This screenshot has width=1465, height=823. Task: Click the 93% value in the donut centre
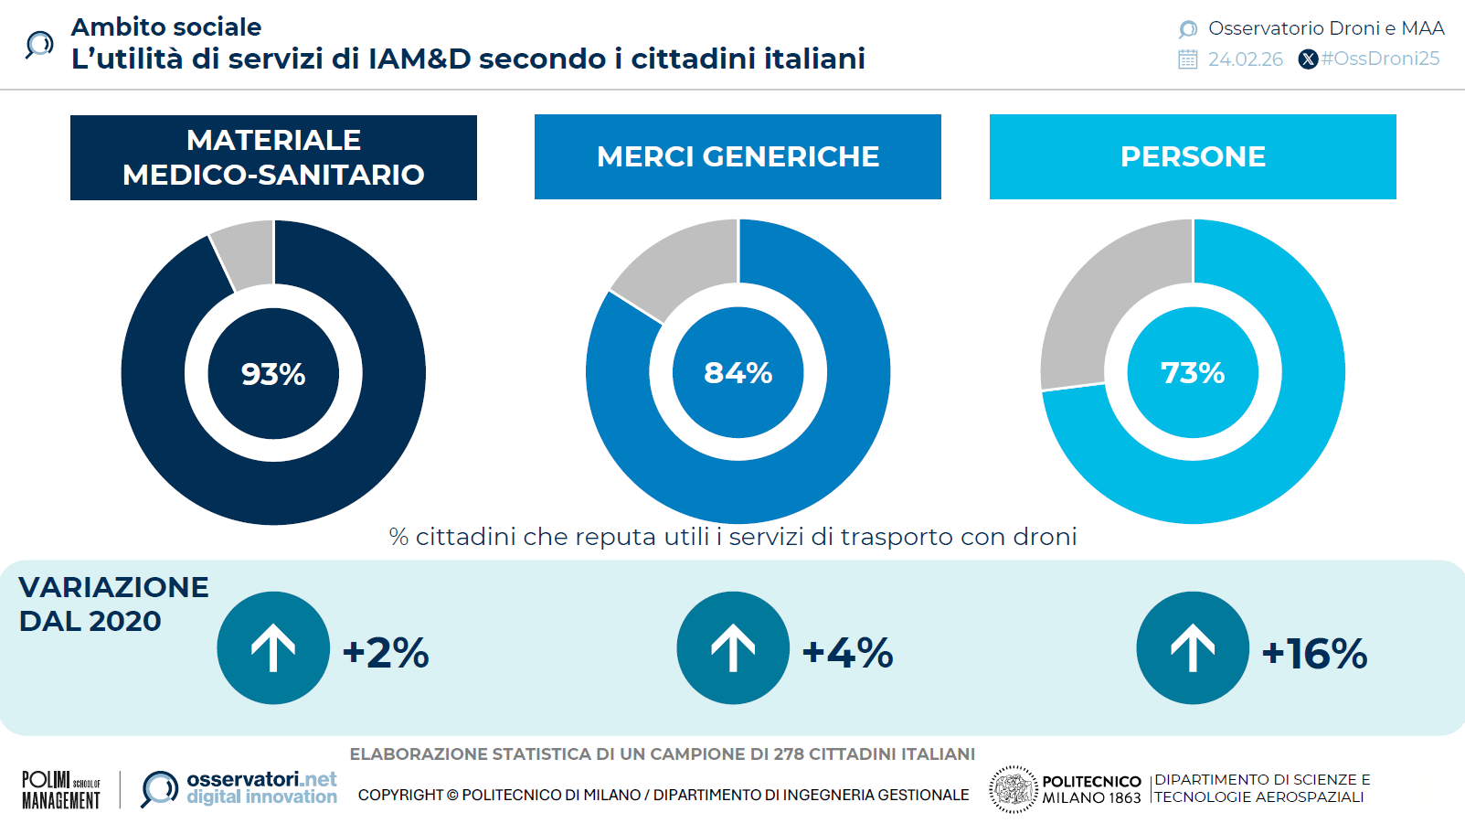273,374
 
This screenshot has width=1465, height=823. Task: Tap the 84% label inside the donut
738,373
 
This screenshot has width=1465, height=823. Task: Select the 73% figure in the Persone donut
1193,373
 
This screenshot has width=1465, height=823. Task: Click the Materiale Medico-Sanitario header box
273,157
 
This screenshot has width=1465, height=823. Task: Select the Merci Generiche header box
738,156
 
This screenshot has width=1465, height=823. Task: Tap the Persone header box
1193,156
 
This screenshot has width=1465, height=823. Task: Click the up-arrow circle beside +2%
273,647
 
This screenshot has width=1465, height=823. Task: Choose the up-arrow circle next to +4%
733,647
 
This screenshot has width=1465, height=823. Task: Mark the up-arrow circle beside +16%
1193,647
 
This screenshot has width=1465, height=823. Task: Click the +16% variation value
1314,654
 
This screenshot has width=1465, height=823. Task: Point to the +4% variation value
847,653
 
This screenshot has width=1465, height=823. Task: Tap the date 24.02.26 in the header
1245,59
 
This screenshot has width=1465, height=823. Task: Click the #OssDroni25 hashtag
1380,59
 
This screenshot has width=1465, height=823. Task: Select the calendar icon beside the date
1187,59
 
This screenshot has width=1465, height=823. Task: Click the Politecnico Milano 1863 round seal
1013,789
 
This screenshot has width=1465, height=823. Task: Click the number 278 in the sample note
789,754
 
